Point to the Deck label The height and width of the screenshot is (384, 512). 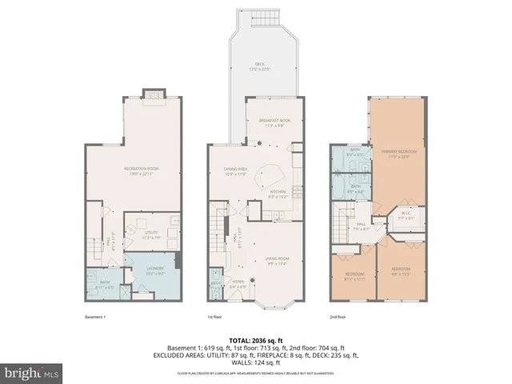tap(260, 66)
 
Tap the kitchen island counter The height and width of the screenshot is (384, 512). tap(270, 175)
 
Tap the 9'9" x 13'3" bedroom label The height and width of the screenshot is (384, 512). tap(401, 270)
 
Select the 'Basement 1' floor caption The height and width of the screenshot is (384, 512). tap(95, 317)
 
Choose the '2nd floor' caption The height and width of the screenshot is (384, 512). tap(339, 317)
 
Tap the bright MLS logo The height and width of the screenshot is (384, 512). tap(31, 373)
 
